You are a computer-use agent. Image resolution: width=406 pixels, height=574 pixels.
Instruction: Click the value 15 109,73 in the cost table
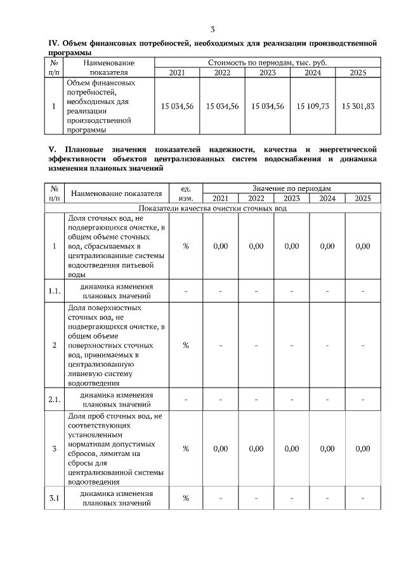point(313,106)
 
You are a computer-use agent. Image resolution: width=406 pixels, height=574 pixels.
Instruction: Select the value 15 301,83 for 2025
point(358,106)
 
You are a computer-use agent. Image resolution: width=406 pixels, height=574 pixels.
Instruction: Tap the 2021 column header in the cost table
point(177,72)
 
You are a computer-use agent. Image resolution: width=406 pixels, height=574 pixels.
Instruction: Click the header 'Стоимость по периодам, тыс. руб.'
point(267,63)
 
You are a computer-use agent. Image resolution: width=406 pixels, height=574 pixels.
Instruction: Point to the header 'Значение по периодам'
point(291,188)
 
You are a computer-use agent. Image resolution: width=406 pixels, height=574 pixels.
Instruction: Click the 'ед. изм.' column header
point(186,193)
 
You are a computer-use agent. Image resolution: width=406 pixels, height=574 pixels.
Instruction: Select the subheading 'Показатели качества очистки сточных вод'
point(213,208)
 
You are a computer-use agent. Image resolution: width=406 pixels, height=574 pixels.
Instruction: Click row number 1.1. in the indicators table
point(55,291)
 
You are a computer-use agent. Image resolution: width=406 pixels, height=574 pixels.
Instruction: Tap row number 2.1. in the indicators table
point(55,400)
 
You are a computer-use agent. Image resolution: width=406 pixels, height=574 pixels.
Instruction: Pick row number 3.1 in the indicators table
point(55,498)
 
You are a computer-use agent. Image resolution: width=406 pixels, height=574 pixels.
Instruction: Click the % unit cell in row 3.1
point(186,498)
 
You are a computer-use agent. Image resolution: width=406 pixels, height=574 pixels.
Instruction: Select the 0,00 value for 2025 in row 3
point(362,448)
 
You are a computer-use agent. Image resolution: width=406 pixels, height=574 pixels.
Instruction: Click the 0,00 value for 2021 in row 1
point(220,246)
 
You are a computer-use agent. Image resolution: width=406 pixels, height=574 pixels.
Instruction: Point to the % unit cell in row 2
point(186,345)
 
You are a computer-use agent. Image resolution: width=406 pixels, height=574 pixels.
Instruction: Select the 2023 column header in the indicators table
point(291,199)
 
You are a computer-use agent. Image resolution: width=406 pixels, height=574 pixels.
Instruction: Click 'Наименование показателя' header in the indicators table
point(116,193)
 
